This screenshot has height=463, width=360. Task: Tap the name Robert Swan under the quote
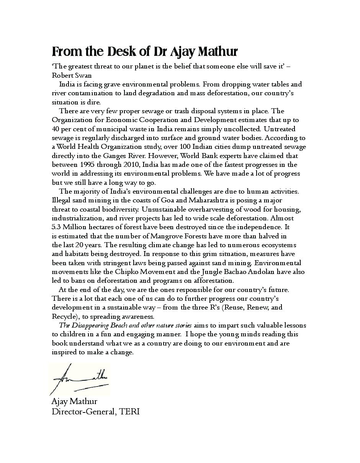point(72,75)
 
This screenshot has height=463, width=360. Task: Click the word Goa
point(152,200)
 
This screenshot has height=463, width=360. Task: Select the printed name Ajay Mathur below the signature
point(74,401)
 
